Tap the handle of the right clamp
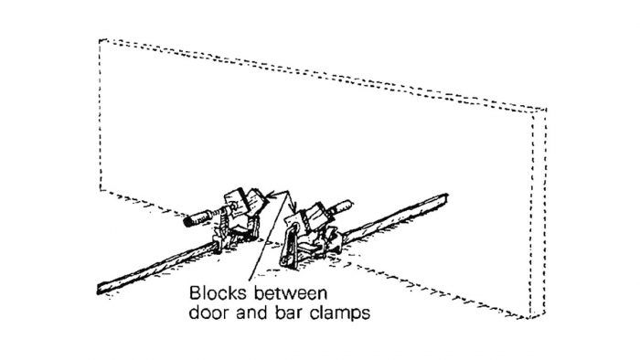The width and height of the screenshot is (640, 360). [x=339, y=207]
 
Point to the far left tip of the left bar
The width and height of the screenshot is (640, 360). [x=97, y=291]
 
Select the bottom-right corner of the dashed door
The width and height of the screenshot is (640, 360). [x=534, y=309]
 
